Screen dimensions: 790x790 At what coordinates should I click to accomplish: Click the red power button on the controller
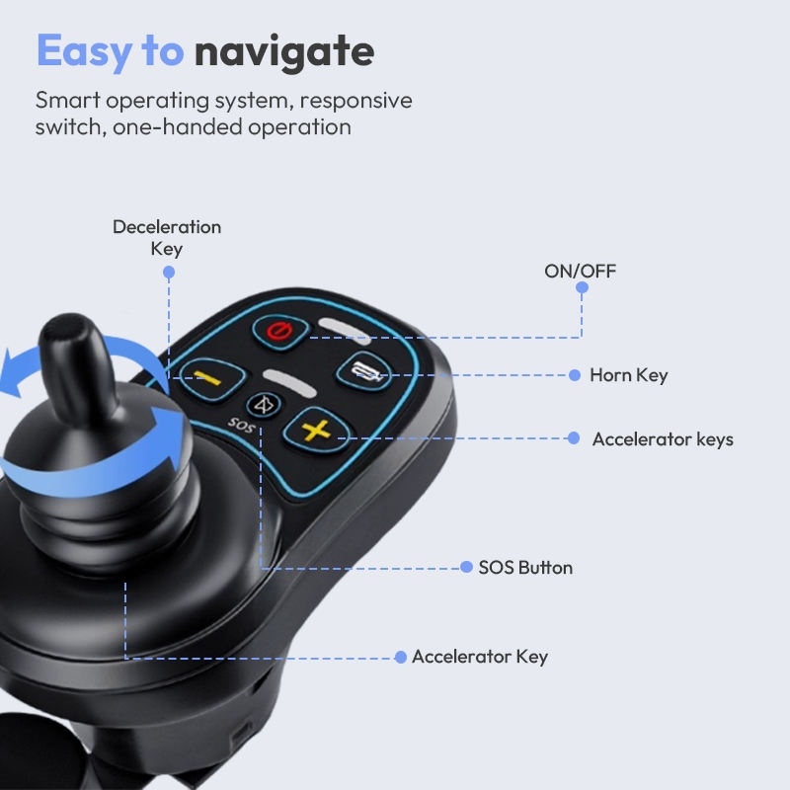pyautogui.click(x=279, y=332)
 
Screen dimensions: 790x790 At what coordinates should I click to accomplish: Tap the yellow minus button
pyautogui.click(x=212, y=378)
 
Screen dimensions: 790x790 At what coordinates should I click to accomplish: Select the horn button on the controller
pyautogui.click(x=363, y=372)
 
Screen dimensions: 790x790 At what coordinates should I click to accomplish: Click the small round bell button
pyautogui.click(x=264, y=405)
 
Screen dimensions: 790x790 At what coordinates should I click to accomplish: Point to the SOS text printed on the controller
pyautogui.click(x=241, y=426)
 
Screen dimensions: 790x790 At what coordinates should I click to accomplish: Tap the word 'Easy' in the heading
pyautogui.click(x=85, y=52)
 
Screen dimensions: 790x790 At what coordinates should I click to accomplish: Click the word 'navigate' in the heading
pyautogui.click(x=284, y=52)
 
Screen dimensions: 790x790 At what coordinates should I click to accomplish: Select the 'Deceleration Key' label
pyautogui.click(x=167, y=238)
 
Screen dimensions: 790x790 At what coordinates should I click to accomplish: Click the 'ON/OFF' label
pyautogui.click(x=581, y=271)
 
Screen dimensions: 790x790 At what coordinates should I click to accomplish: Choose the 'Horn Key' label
pyautogui.click(x=629, y=375)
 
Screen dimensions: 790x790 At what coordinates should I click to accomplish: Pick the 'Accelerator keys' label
pyautogui.click(x=663, y=439)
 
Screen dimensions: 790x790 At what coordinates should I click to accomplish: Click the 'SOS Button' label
pyautogui.click(x=525, y=568)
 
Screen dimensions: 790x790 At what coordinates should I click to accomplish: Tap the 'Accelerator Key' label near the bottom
pyautogui.click(x=480, y=657)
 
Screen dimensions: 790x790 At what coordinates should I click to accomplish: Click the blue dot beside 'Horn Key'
pyautogui.click(x=575, y=375)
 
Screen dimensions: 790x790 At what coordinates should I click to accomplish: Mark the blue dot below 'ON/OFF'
pyautogui.click(x=582, y=287)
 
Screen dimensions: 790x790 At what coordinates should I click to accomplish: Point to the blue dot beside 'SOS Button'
pyautogui.click(x=466, y=567)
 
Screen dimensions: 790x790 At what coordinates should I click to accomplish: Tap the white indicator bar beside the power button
pyautogui.click(x=345, y=331)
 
